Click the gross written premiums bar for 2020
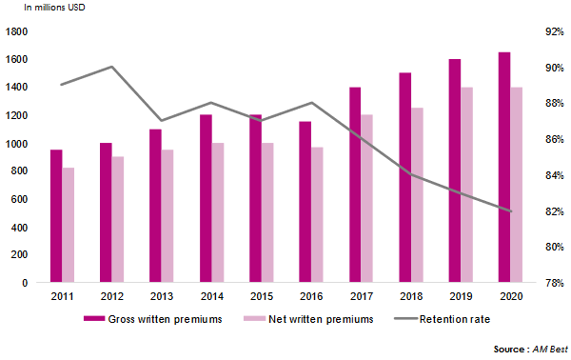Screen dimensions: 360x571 pyautogui.click(x=504, y=168)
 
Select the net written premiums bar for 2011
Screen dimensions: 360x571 pyautogui.click(x=67, y=226)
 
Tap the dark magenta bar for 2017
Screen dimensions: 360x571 pyautogui.click(x=354, y=185)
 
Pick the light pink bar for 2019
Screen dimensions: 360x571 pyautogui.click(x=466, y=185)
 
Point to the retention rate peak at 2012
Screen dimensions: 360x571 pyautogui.click(x=112, y=67)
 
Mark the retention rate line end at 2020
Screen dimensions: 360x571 pyautogui.click(x=512, y=211)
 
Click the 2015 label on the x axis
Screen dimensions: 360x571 pyautogui.click(x=262, y=297)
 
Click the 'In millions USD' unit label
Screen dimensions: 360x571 pyautogui.click(x=63, y=9)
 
